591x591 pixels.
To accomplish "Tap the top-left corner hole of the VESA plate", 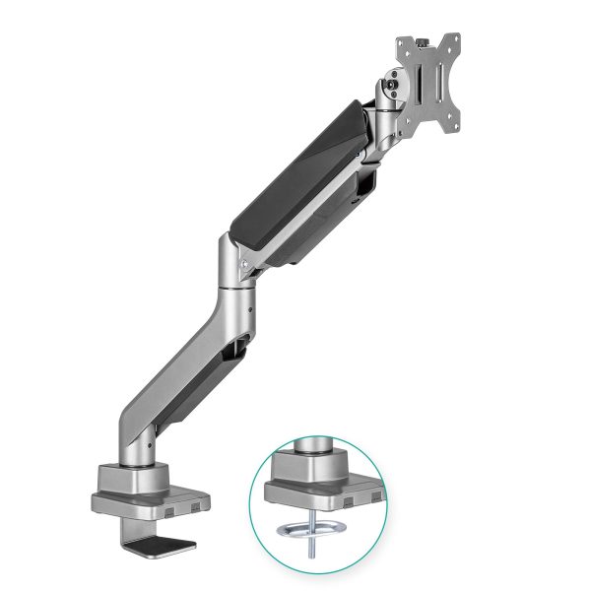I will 402,42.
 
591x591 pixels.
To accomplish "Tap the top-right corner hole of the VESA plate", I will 455,40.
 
